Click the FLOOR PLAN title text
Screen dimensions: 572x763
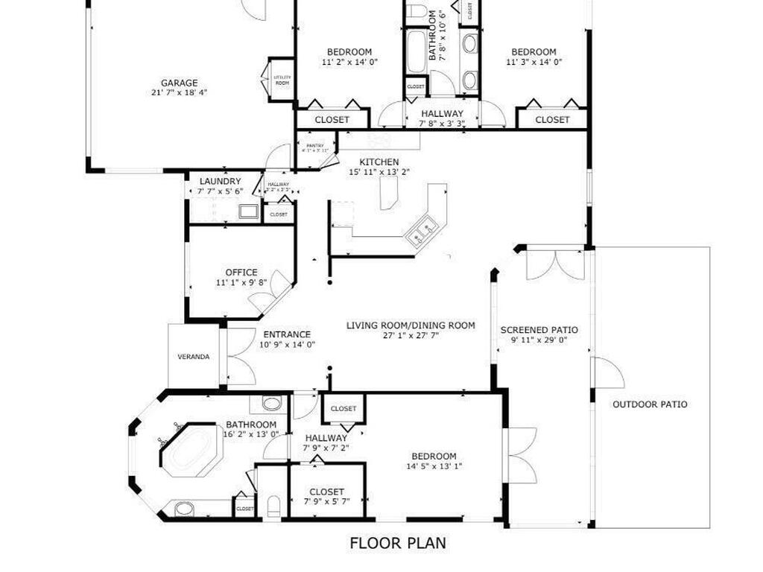[x=398, y=543]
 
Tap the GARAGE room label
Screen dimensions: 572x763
[x=180, y=83]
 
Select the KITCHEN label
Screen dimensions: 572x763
[x=379, y=162]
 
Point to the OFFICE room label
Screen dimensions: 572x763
[x=241, y=273]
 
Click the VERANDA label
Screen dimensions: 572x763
[x=193, y=357]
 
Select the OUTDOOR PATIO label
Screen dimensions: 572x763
[x=650, y=404]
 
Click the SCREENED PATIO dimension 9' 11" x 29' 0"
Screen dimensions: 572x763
[x=539, y=340]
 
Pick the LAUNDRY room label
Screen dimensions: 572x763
[x=220, y=181]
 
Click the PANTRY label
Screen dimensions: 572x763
[x=315, y=145]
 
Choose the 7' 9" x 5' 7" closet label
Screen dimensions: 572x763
[x=326, y=502]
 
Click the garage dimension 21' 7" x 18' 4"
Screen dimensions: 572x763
[x=180, y=93]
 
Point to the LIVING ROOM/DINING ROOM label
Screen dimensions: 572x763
[x=411, y=325]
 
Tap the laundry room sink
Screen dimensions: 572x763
[x=248, y=212]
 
